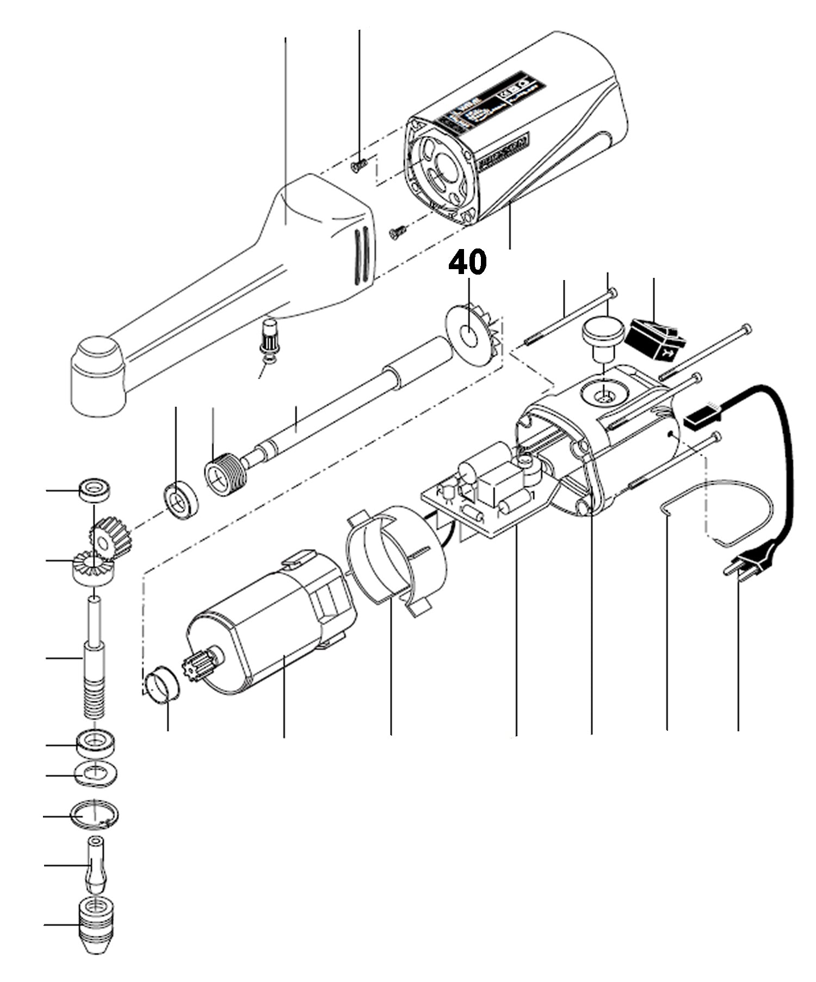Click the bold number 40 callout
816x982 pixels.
467,264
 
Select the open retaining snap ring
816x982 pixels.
95,816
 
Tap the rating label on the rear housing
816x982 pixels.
490,103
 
